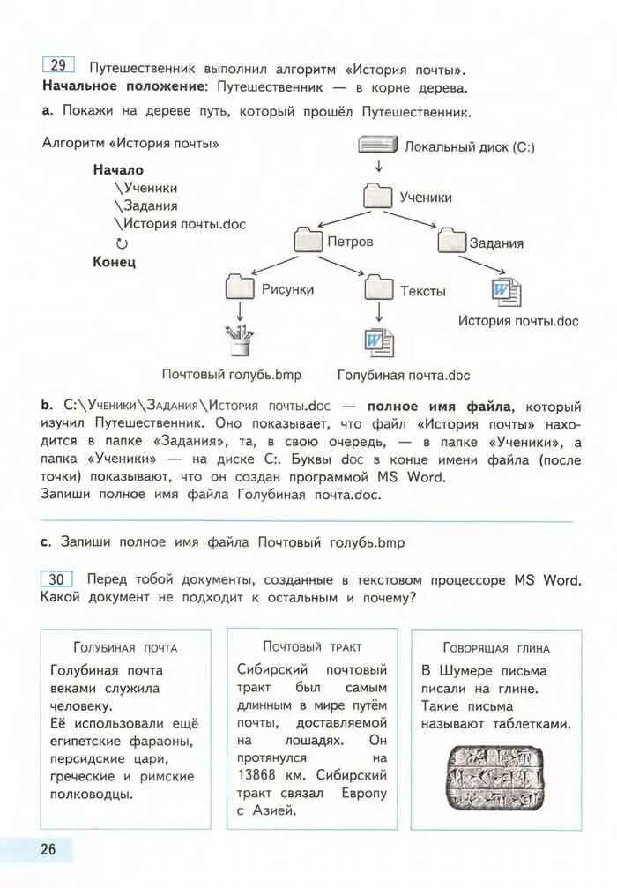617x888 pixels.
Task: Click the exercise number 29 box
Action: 58,66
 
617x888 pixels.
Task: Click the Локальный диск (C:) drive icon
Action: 379,146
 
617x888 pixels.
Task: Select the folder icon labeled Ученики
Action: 378,196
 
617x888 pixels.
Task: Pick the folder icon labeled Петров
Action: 309,240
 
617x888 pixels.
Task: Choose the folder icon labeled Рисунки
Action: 240,288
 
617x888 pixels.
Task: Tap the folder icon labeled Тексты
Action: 379,289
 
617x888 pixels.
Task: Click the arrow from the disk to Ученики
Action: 378,168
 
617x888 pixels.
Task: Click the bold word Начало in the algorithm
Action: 118,169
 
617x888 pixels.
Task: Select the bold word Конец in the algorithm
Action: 114,262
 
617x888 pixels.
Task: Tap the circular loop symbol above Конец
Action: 122,243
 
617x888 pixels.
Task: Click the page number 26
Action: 48,849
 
